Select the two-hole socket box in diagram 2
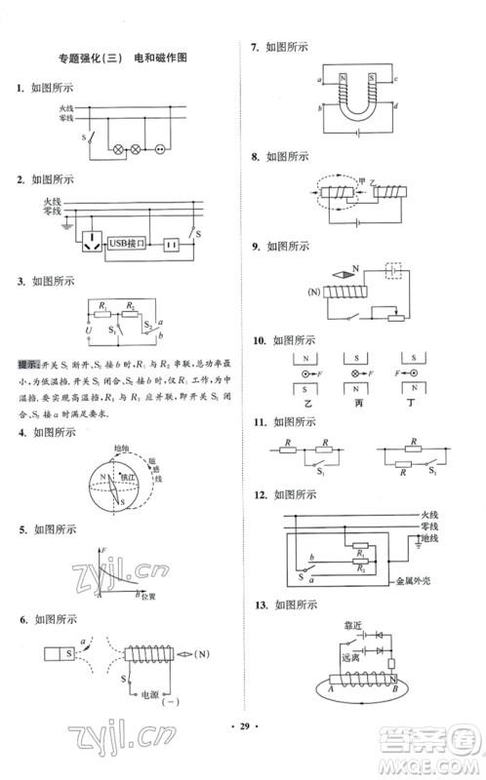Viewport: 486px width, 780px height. [x=172, y=243]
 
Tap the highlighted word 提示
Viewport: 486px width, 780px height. [x=26, y=364]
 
